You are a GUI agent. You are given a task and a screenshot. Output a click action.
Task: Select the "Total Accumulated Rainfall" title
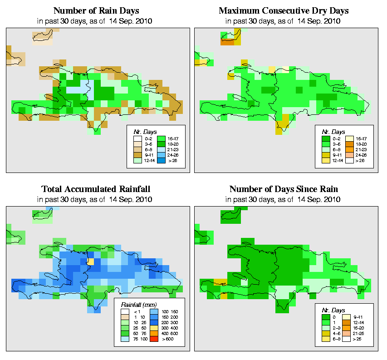pos(96,189)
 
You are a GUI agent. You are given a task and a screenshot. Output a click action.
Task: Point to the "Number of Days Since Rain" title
pos(284,189)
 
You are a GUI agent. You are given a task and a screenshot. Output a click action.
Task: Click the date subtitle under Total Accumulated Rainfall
pos(96,200)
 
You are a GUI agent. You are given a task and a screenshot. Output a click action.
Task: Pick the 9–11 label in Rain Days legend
pos(147,154)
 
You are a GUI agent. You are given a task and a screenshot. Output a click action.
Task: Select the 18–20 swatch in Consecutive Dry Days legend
pos(350,143)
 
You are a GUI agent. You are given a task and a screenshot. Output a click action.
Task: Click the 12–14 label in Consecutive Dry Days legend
pos(335,160)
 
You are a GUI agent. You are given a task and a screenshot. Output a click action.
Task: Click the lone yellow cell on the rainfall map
pos(91,262)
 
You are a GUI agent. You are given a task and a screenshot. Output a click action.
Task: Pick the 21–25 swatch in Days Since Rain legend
pos(350,333)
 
